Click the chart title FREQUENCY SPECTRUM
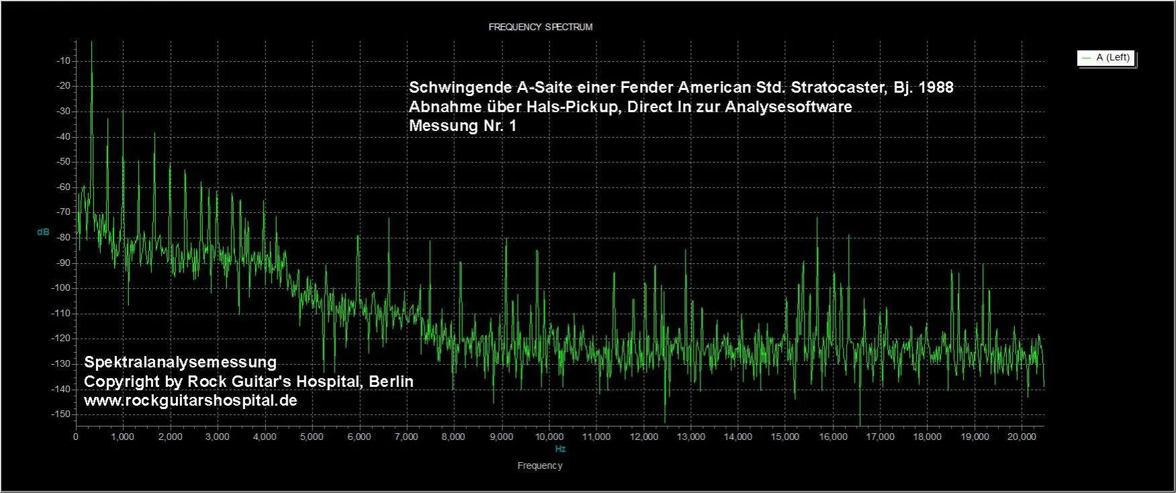[540, 28]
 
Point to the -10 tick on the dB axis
[64, 61]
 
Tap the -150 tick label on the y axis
[62, 414]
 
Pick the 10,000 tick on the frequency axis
[549, 437]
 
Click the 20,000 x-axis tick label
[1021, 437]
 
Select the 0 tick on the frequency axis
[76, 437]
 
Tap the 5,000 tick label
[312, 437]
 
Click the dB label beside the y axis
[43, 232]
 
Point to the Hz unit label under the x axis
[560, 449]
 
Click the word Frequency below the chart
[540, 465]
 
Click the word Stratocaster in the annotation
[833, 88]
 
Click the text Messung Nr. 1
[463, 126]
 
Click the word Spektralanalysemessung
[180, 363]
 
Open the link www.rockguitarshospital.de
[190, 401]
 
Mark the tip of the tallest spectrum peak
[91, 42]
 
